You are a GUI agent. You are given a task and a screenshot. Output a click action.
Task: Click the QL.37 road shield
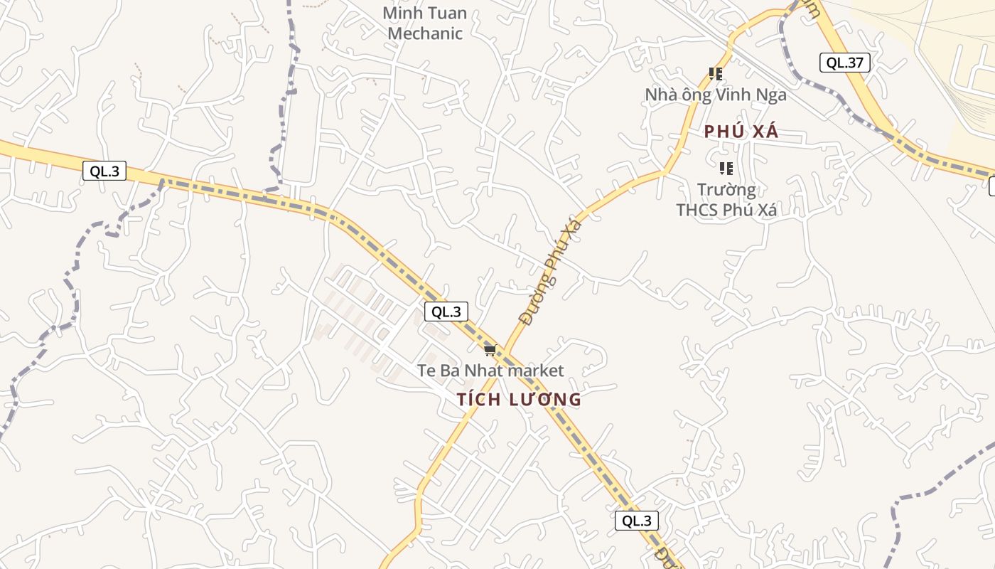tap(844, 63)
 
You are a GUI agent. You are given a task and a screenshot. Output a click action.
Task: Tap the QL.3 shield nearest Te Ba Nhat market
tap(446, 312)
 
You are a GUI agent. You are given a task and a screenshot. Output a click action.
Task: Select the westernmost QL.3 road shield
tap(104, 171)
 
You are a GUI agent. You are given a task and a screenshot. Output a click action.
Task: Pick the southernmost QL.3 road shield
tap(636, 521)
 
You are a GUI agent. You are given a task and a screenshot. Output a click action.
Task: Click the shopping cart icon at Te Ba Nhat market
tap(489, 350)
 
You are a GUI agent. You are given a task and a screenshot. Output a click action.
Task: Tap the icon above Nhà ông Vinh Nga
tap(716, 73)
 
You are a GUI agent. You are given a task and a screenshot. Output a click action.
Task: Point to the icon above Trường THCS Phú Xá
tap(726, 169)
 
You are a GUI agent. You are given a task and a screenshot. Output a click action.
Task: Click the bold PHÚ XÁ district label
tap(741, 132)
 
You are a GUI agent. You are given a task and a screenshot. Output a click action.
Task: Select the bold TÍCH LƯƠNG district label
tap(519, 400)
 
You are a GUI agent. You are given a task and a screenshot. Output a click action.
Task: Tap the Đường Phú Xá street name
tap(550, 272)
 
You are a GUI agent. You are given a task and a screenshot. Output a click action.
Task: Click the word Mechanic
tap(425, 33)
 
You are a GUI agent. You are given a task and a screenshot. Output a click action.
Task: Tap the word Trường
tap(726, 190)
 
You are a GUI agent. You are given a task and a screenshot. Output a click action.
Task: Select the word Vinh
tap(740, 95)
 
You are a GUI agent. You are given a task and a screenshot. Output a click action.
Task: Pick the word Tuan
tap(447, 13)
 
